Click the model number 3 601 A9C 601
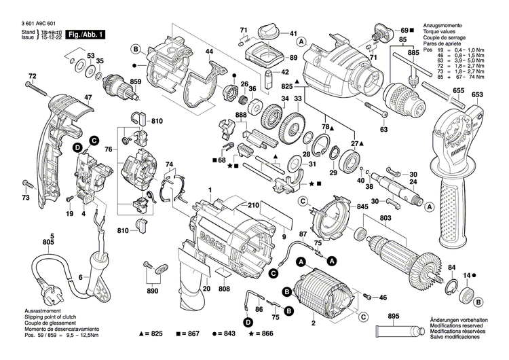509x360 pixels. coord(29,24)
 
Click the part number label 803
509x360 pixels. coord(386,218)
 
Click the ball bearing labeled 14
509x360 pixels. coord(466,294)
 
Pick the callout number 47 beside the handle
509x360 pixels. coord(69,97)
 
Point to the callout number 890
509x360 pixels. coord(153,291)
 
